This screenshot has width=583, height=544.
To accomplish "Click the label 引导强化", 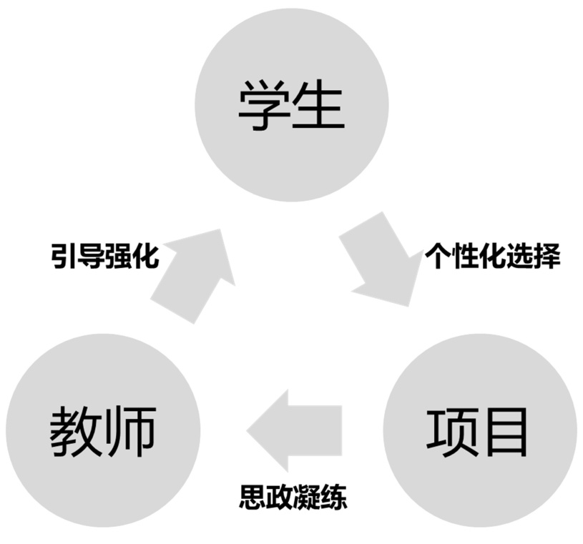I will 104,255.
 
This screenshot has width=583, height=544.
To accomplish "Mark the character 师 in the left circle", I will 130,433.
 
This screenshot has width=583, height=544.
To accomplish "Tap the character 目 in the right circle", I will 507,432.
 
